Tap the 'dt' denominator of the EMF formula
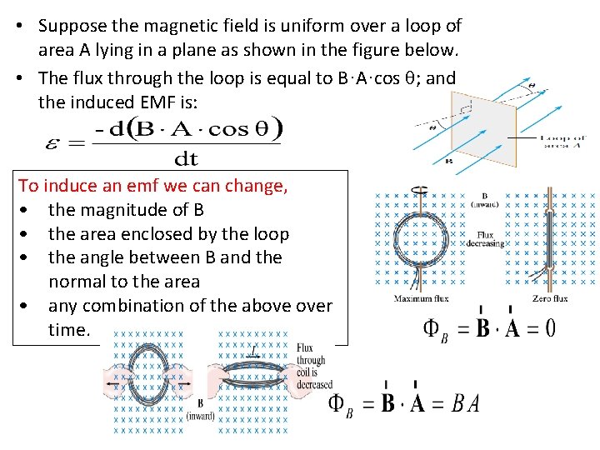click(x=187, y=157)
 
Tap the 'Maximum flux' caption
click(x=425, y=298)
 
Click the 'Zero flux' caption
click(x=550, y=298)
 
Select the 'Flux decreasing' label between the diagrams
click(x=491, y=240)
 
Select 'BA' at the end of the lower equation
click(x=466, y=405)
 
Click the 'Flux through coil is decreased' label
click(x=315, y=367)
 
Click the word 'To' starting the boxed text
click(x=28, y=185)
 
